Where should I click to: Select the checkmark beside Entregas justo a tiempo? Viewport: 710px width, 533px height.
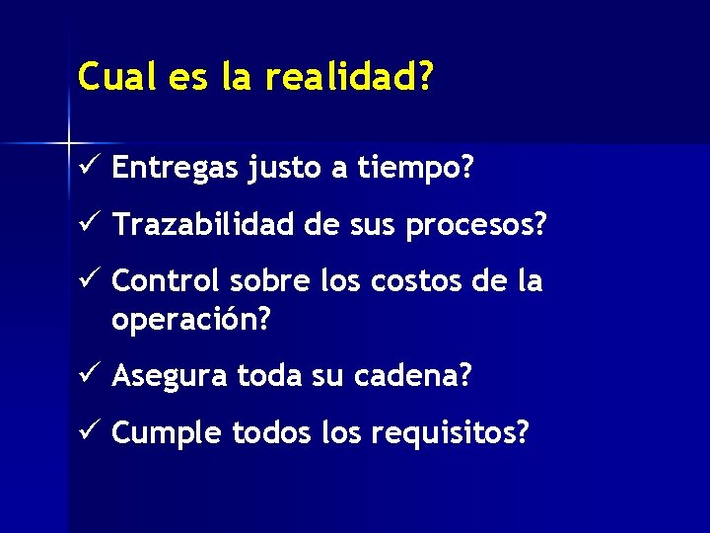click(87, 168)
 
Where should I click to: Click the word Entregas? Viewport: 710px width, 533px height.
click(176, 170)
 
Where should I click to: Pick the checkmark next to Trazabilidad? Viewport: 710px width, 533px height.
click(87, 225)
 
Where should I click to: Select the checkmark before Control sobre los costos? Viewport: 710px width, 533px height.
click(87, 280)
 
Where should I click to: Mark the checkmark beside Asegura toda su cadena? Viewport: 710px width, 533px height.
click(87, 375)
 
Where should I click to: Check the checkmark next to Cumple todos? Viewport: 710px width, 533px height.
click(87, 431)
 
